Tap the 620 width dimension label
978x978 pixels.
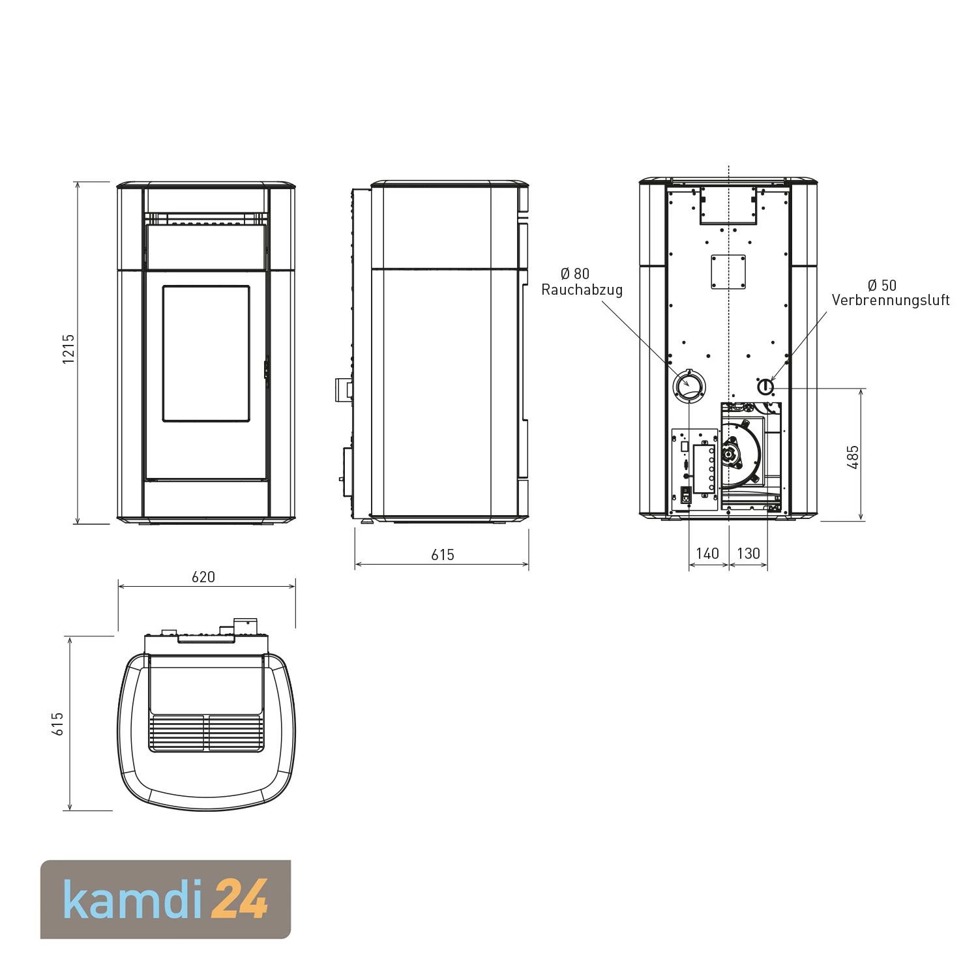[x=203, y=577]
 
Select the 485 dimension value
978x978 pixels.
[x=853, y=456]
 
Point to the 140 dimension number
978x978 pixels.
[x=707, y=554]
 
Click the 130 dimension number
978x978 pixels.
[x=748, y=554]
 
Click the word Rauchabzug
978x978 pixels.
[x=582, y=289]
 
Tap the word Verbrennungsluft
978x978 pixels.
[x=891, y=300]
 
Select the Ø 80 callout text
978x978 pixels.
[x=574, y=273]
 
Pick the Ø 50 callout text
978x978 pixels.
[x=882, y=285]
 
